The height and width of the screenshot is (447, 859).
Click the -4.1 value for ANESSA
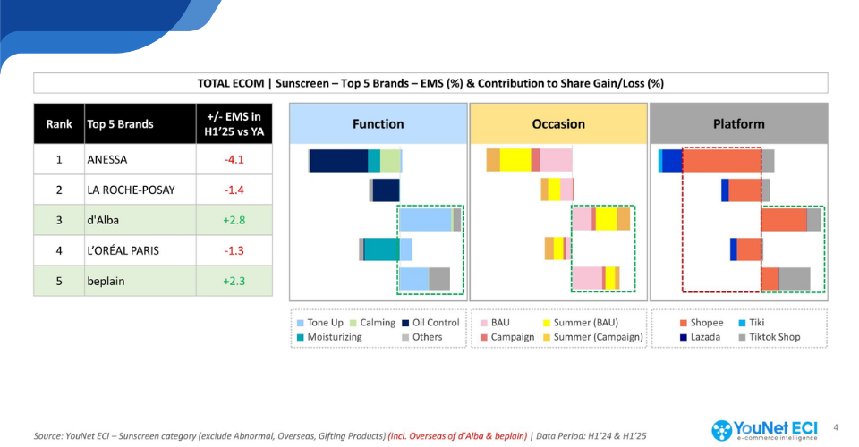coord(235,161)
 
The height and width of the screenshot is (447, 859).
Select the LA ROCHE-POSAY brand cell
coord(131,190)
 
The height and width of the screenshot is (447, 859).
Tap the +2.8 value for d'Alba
coord(235,220)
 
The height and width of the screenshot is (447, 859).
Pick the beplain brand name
coord(106,281)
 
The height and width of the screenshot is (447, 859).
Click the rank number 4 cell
coord(59,250)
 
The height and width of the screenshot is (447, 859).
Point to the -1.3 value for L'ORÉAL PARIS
coord(235,250)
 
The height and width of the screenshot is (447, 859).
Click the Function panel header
coord(378,124)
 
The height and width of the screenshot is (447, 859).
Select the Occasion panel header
coord(558,124)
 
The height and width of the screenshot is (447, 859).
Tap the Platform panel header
coord(738,124)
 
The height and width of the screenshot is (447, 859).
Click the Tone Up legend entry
coord(325,322)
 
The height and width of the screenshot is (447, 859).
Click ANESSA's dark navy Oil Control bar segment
coord(339,161)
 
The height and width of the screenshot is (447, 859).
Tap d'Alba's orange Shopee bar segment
coord(784,220)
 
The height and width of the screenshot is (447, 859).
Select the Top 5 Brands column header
coord(120,124)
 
